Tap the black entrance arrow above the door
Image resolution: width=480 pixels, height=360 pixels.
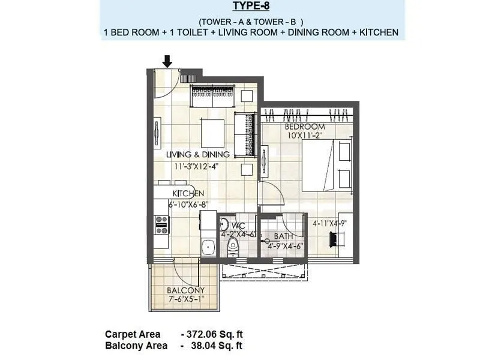tap(167, 61)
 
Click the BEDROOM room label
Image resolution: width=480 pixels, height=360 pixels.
tap(305, 127)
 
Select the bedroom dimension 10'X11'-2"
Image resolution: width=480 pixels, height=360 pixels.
tap(304, 136)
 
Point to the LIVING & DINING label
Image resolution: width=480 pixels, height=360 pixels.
tap(198, 155)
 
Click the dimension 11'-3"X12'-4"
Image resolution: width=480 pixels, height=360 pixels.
tap(196, 166)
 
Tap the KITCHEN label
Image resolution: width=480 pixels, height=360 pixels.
tap(188, 194)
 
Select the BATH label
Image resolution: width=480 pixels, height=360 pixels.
tap(283, 236)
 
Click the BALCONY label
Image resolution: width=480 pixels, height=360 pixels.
tap(186, 290)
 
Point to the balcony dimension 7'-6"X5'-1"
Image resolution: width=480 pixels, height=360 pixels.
tap(186, 299)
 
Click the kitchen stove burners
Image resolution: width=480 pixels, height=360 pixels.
tap(161, 224)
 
